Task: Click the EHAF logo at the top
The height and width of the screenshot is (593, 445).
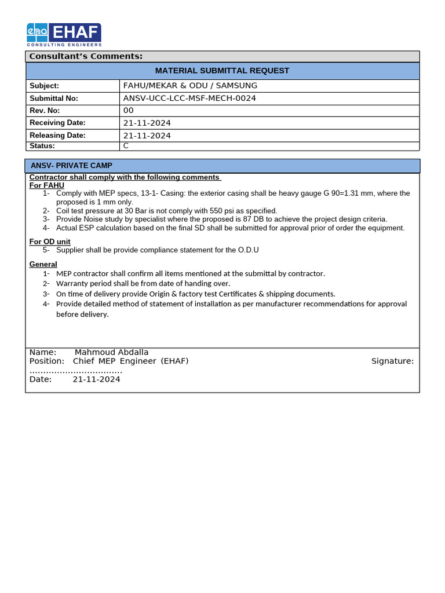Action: tap(64, 35)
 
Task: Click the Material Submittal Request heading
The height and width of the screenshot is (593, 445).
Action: tap(222, 71)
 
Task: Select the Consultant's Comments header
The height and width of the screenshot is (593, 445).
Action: tap(86, 56)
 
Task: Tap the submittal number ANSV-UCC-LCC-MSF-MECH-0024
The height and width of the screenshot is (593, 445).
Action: tap(189, 98)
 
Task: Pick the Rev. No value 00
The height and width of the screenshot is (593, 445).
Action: tap(129, 110)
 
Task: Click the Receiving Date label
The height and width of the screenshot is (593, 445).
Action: tap(57, 122)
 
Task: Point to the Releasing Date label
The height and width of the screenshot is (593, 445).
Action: tap(57, 135)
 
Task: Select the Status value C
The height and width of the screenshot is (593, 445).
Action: tap(126, 146)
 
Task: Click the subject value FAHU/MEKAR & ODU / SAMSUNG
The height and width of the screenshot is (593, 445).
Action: tap(190, 85)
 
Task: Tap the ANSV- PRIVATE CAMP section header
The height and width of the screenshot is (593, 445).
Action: tap(71, 166)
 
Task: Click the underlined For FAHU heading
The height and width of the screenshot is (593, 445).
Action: tap(47, 185)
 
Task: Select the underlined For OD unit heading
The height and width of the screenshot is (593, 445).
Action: tap(50, 241)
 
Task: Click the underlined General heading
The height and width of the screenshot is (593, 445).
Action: tap(43, 264)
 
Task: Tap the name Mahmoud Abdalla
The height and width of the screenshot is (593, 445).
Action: tap(112, 352)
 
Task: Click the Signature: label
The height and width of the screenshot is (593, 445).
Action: tap(392, 361)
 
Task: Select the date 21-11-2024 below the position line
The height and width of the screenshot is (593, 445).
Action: tap(96, 379)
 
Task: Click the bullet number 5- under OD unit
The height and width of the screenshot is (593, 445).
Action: tap(46, 250)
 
